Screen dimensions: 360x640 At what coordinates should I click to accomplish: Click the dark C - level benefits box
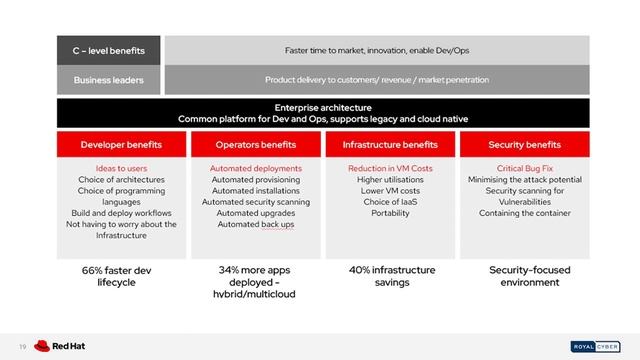(108, 49)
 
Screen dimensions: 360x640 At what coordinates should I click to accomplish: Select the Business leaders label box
(108, 79)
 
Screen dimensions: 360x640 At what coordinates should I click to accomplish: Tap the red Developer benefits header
(121, 144)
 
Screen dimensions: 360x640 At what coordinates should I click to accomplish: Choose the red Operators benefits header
(255, 144)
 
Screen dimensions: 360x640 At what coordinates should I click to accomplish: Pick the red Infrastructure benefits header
(390, 144)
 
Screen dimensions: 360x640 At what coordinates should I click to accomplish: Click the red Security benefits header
(524, 144)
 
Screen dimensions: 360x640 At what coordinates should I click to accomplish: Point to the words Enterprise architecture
(322, 106)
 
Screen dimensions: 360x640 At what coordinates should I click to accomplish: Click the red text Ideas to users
(121, 168)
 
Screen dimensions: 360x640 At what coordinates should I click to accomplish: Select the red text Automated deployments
(255, 168)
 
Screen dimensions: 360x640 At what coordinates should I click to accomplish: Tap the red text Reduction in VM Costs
(390, 168)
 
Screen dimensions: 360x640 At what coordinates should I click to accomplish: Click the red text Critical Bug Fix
(524, 168)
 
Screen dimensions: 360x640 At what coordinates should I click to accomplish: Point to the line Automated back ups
(255, 224)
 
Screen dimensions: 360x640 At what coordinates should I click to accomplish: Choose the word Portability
(390, 213)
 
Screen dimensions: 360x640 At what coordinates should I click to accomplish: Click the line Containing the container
(524, 213)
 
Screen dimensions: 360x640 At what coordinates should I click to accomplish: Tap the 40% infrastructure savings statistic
(390, 276)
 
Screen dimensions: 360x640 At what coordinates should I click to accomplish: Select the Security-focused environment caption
(524, 276)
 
